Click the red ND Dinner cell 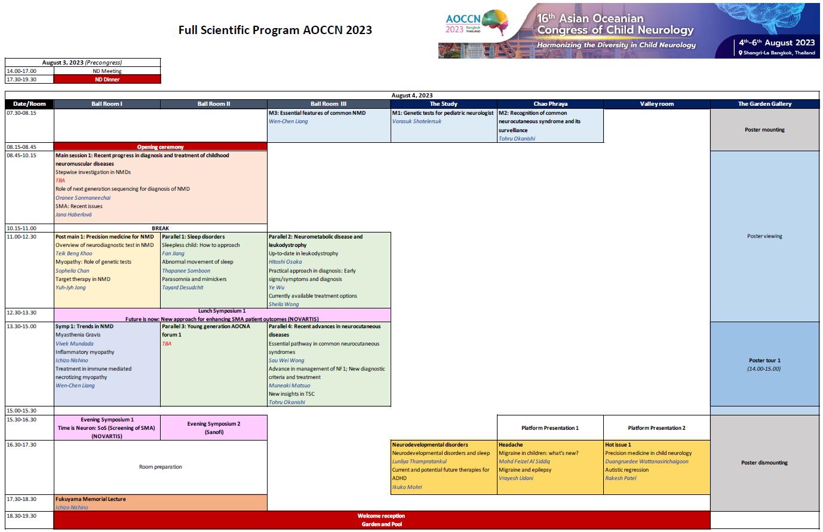click(108, 79)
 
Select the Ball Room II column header click(214, 103)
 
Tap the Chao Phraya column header click(550, 103)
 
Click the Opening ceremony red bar click(161, 146)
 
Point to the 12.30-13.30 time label click(22, 313)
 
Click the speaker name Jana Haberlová click(73, 215)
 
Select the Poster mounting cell click(764, 130)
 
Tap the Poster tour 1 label click(764, 360)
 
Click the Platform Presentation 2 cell click(656, 427)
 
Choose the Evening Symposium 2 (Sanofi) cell click(214, 427)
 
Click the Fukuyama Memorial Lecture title click(90, 499)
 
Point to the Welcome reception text click(382, 516)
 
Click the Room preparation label click(161, 467)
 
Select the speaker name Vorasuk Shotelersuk click(417, 121)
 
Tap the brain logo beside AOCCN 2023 click(496, 22)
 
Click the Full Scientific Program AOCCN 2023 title click(275, 30)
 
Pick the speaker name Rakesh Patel click(621, 478)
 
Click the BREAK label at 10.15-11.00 click(161, 228)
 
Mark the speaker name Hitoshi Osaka click(285, 262)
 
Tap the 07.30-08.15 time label click(22, 113)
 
